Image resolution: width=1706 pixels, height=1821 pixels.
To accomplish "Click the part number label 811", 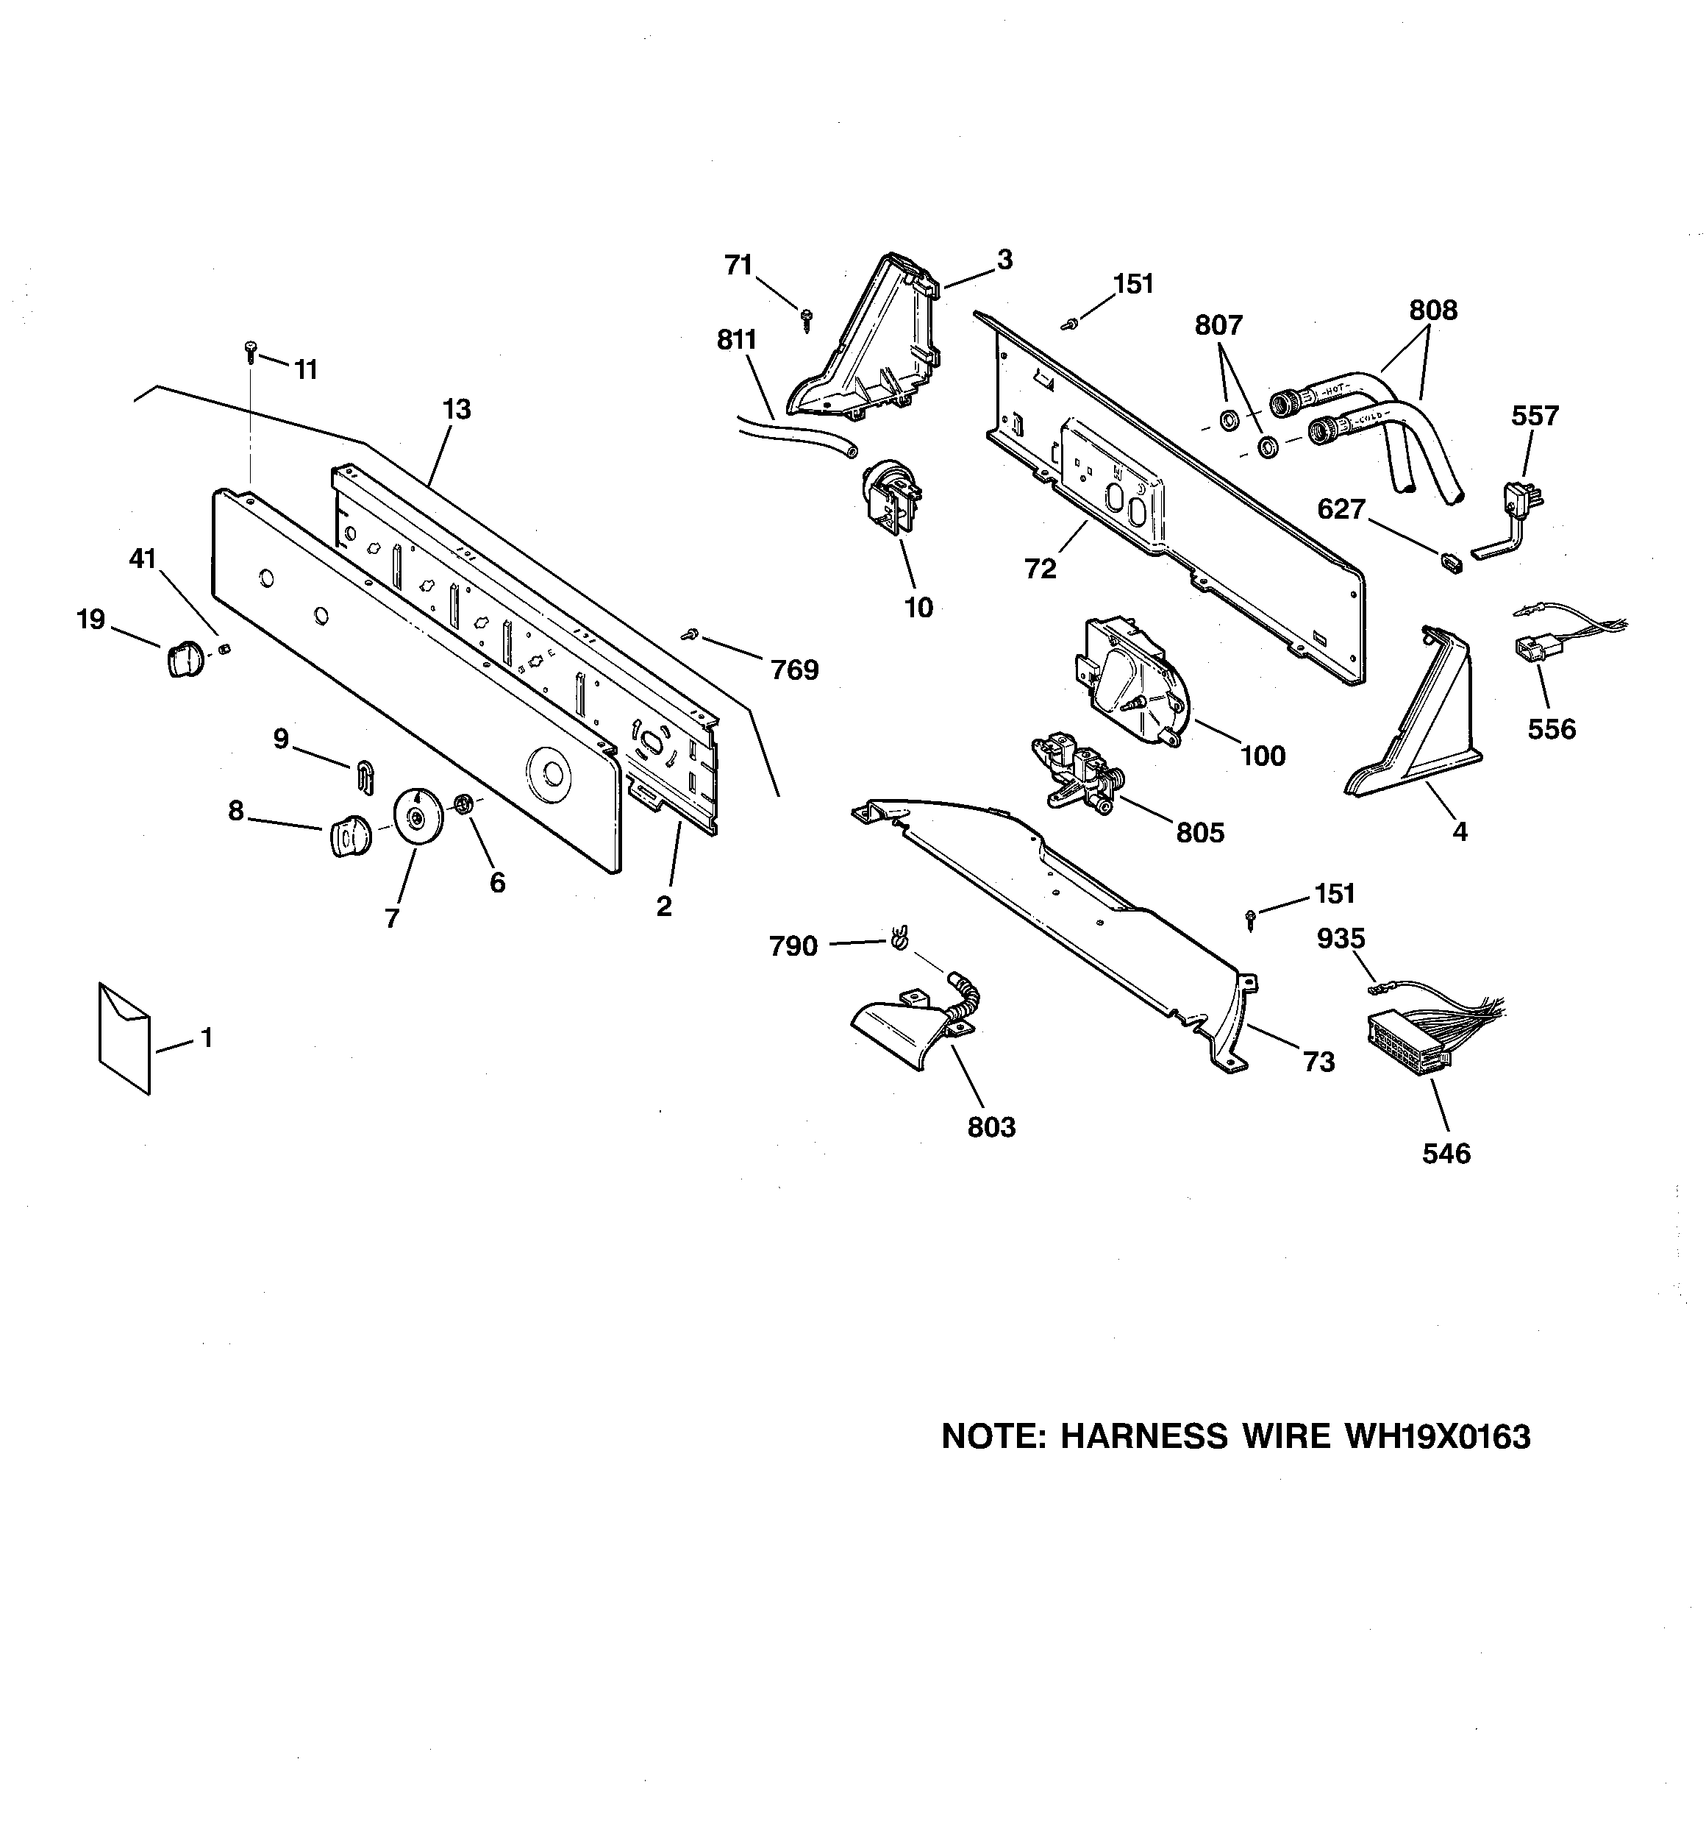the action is (x=736, y=340).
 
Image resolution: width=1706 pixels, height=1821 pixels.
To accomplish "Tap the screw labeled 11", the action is (x=250, y=351).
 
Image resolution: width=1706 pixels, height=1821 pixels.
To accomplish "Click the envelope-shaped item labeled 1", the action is (x=124, y=1038).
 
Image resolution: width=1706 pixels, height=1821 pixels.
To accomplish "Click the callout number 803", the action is (x=992, y=1126).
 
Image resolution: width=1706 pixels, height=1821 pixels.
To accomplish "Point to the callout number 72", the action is (x=1041, y=569).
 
